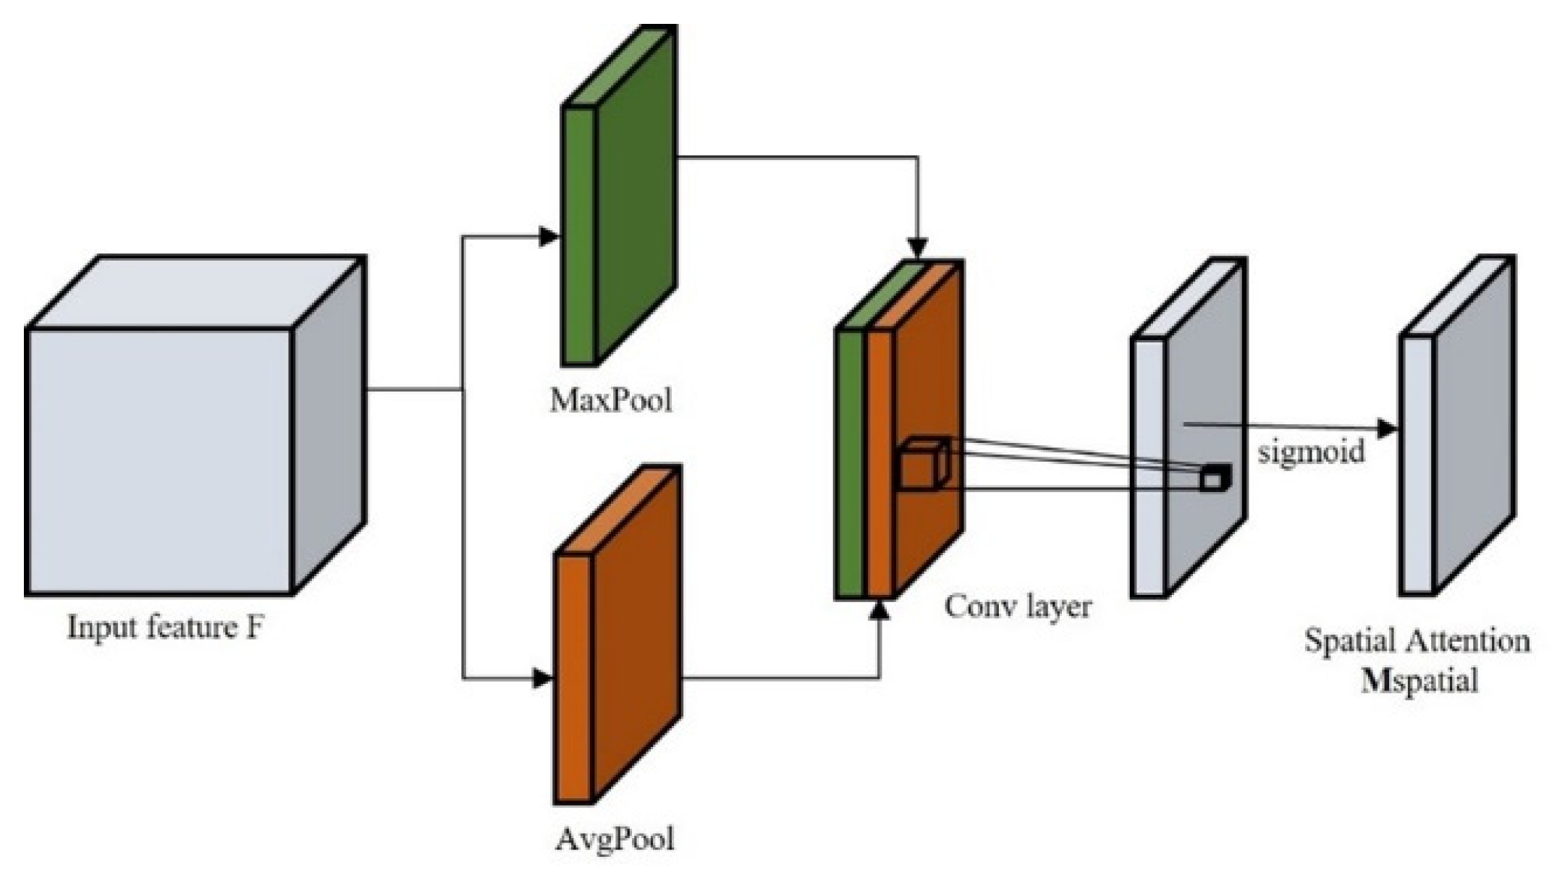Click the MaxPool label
point(611,400)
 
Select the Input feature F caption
point(165,627)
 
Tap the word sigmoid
point(1311,452)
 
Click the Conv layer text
point(1017,605)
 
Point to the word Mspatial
point(1418,681)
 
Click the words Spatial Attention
point(1417,641)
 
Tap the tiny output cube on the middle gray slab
point(1213,478)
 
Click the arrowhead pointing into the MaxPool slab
point(550,237)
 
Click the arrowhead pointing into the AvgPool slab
point(542,678)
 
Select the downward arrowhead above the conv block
point(918,248)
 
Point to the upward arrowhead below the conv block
point(879,612)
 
